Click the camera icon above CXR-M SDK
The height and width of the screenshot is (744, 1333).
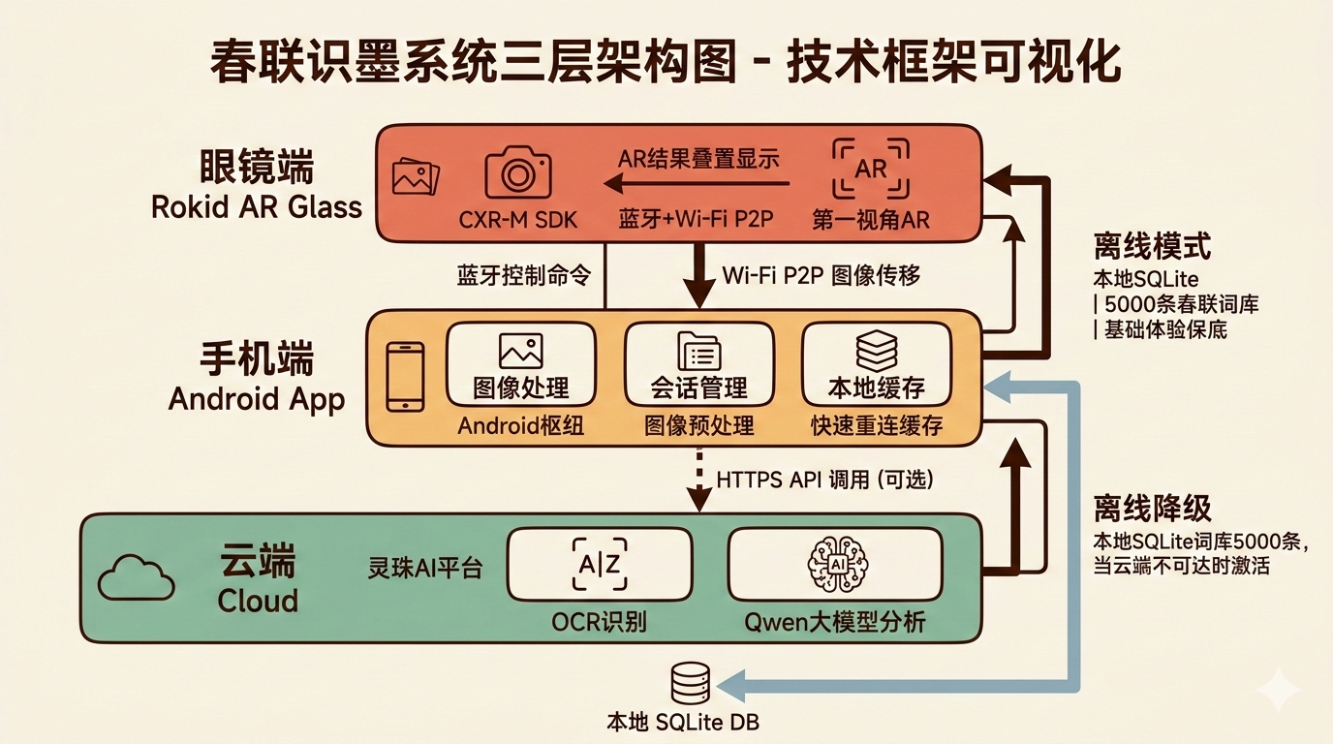click(517, 173)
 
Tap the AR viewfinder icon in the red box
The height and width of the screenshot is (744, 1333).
click(871, 169)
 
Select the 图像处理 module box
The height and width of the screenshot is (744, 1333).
click(520, 364)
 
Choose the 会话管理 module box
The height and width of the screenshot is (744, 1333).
click(698, 364)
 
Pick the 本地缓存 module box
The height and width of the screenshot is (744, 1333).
click(877, 364)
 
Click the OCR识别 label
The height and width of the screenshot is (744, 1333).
click(599, 621)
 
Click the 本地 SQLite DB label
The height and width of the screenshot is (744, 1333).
click(689, 723)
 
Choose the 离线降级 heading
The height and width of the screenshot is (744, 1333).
click(1152, 508)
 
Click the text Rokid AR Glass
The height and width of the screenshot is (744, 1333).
click(257, 206)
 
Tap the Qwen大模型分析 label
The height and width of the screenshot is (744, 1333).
click(834, 621)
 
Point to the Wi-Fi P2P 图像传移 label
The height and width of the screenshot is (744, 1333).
click(821, 275)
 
